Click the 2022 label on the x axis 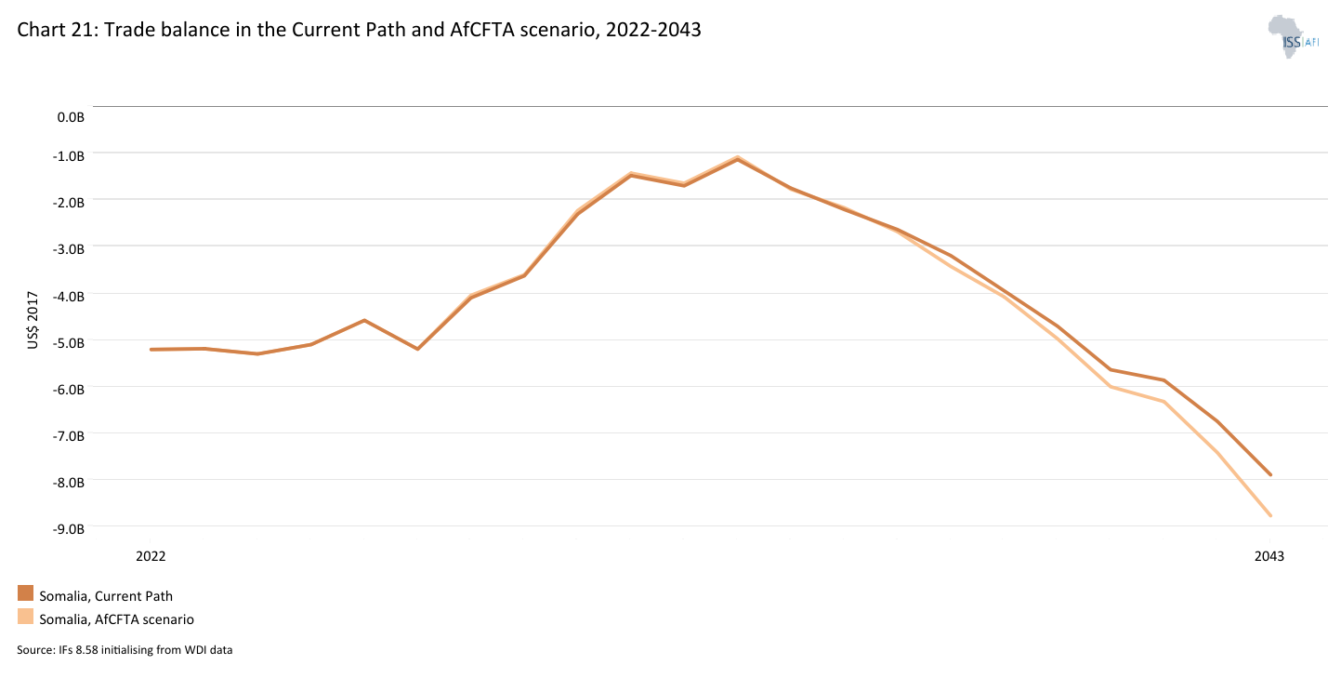(151, 556)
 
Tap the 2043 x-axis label (1269, 556)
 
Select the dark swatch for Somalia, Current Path (25, 593)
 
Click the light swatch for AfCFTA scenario (25, 617)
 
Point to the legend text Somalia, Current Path (105, 596)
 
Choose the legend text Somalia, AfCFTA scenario (116, 618)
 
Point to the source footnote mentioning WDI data (125, 650)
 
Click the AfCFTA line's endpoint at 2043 (1269, 515)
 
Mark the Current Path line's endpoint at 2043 (1269, 474)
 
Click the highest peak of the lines (737, 158)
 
